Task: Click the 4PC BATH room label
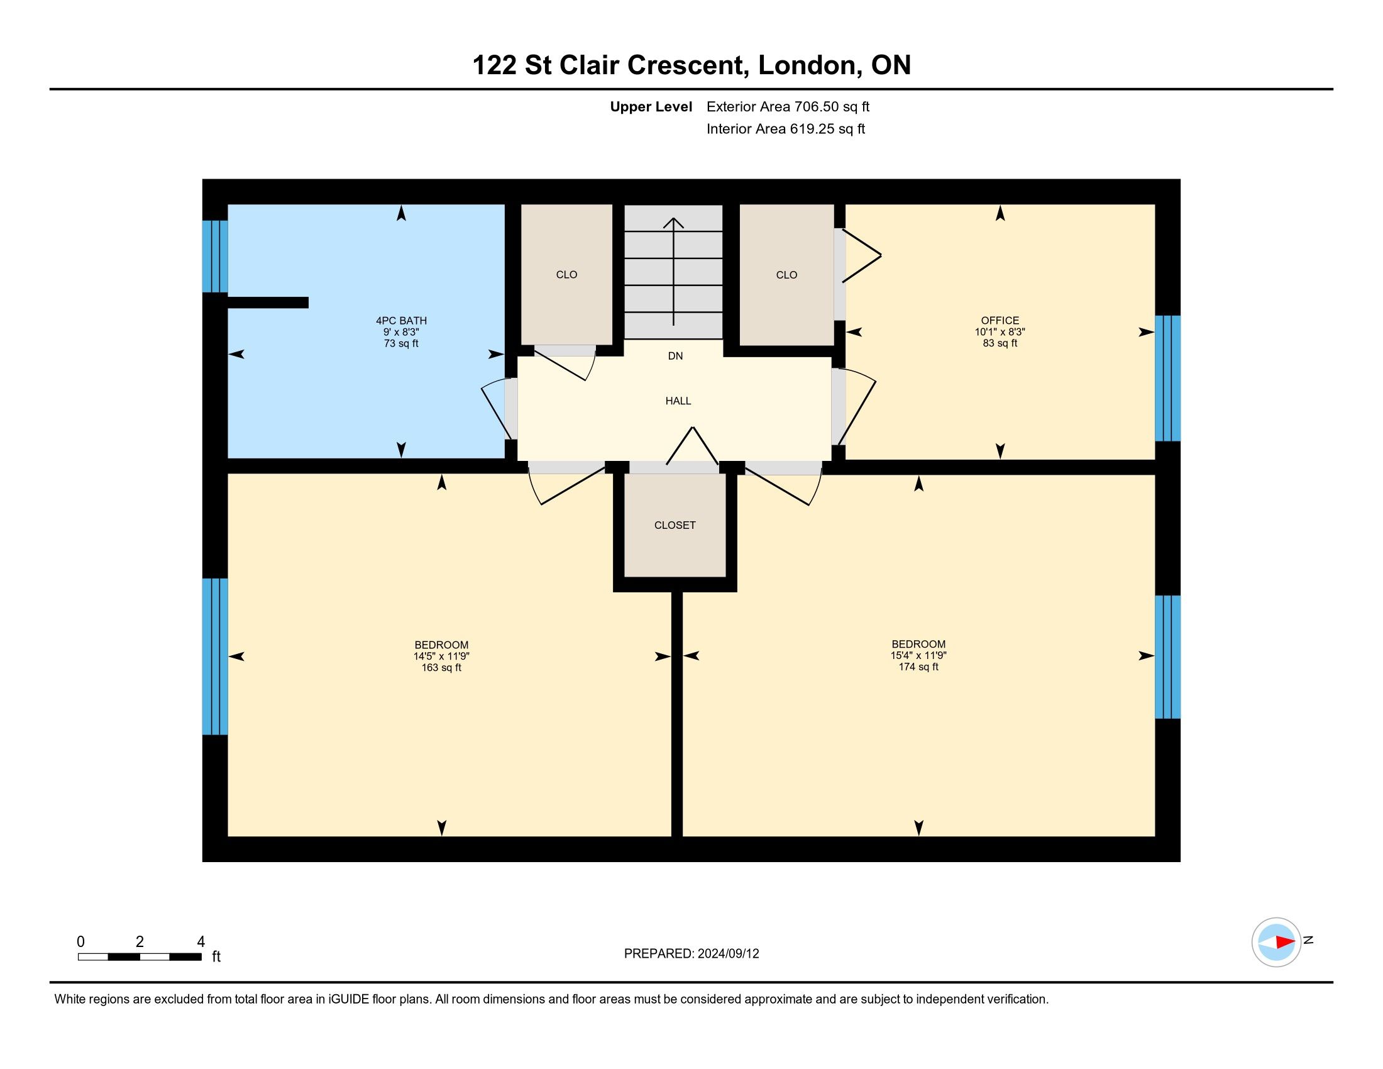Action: [x=401, y=321]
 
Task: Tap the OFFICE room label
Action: [x=1000, y=321]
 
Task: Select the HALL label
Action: [x=678, y=401]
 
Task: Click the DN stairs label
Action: [x=676, y=356]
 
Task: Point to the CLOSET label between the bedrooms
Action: [x=675, y=525]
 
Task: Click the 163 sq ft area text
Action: [x=441, y=667]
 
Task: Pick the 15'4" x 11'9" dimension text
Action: [x=918, y=656]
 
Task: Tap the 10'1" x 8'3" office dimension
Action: [x=1000, y=332]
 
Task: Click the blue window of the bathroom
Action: [x=214, y=257]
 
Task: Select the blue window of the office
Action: [x=1168, y=378]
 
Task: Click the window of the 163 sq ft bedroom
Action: [x=214, y=656]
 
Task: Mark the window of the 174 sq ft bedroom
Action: [x=1168, y=656]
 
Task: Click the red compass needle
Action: [x=1286, y=943]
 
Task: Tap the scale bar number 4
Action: [x=201, y=942]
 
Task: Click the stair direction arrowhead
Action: [x=673, y=223]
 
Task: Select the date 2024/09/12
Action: [x=728, y=954]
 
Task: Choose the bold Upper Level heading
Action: [x=651, y=107]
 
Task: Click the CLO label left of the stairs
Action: [x=567, y=275]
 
